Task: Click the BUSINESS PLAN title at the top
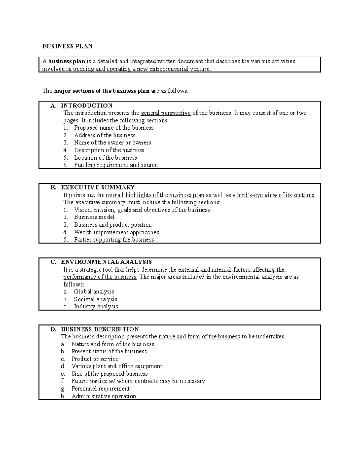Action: click(67, 46)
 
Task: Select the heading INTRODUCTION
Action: click(87, 106)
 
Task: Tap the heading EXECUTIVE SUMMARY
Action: click(98, 188)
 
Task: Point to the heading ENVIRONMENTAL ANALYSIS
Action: click(106, 262)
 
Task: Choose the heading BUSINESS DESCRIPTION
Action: click(100, 329)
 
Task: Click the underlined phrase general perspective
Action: click(166, 113)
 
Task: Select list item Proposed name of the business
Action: click(114, 128)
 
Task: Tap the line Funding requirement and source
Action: click(116, 165)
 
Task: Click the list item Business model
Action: click(94, 217)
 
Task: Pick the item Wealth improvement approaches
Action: click(116, 232)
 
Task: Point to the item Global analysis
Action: click(94, 292)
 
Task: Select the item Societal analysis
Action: click(95, 299)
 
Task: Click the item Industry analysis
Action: click(96, 307)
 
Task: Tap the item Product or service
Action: click(95, 359)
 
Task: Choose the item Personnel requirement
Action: click(100, 389)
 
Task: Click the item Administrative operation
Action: click(103, 396)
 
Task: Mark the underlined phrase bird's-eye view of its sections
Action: click(275, 195)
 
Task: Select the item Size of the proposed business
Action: click(109, 374)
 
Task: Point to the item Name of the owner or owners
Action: click(112, 143)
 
